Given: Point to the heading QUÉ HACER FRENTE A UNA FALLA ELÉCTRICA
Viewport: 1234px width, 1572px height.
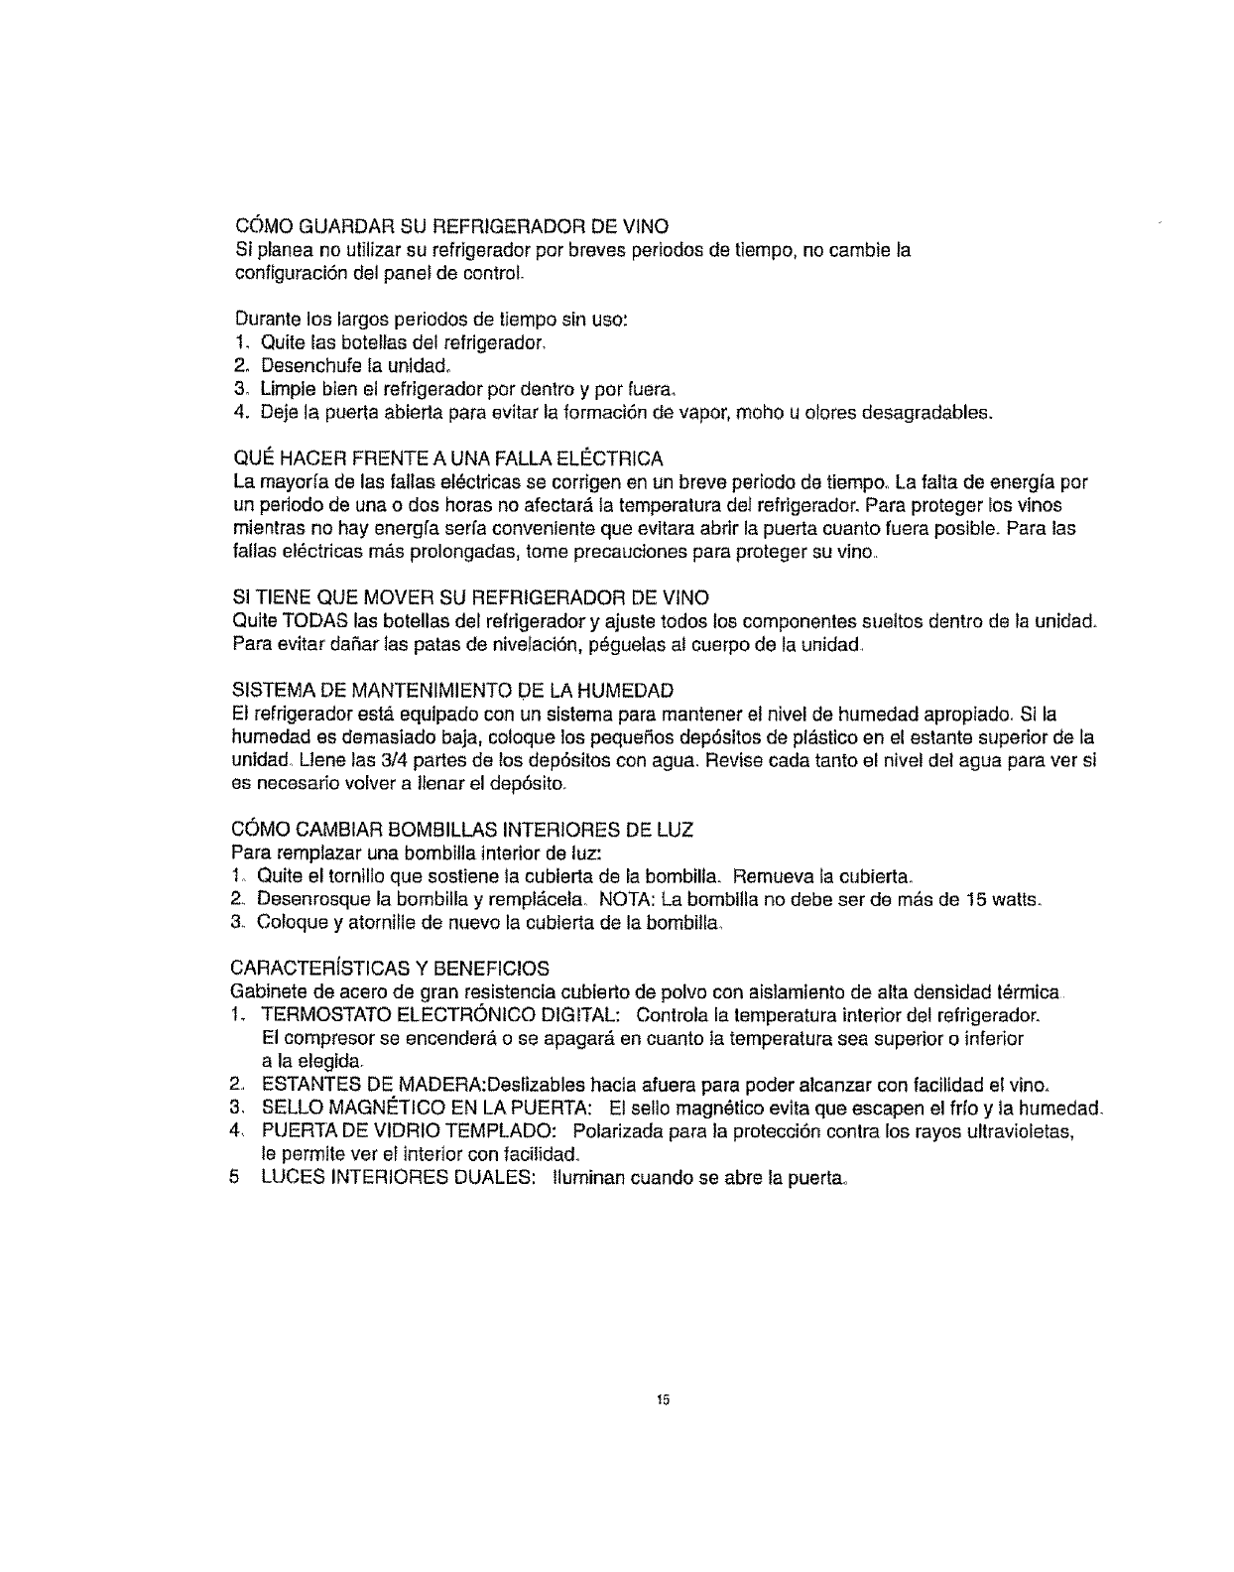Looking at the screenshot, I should (x=446, y=458).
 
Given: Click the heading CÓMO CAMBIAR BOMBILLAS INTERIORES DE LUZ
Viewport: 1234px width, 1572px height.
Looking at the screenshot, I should (x=462, y=828).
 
